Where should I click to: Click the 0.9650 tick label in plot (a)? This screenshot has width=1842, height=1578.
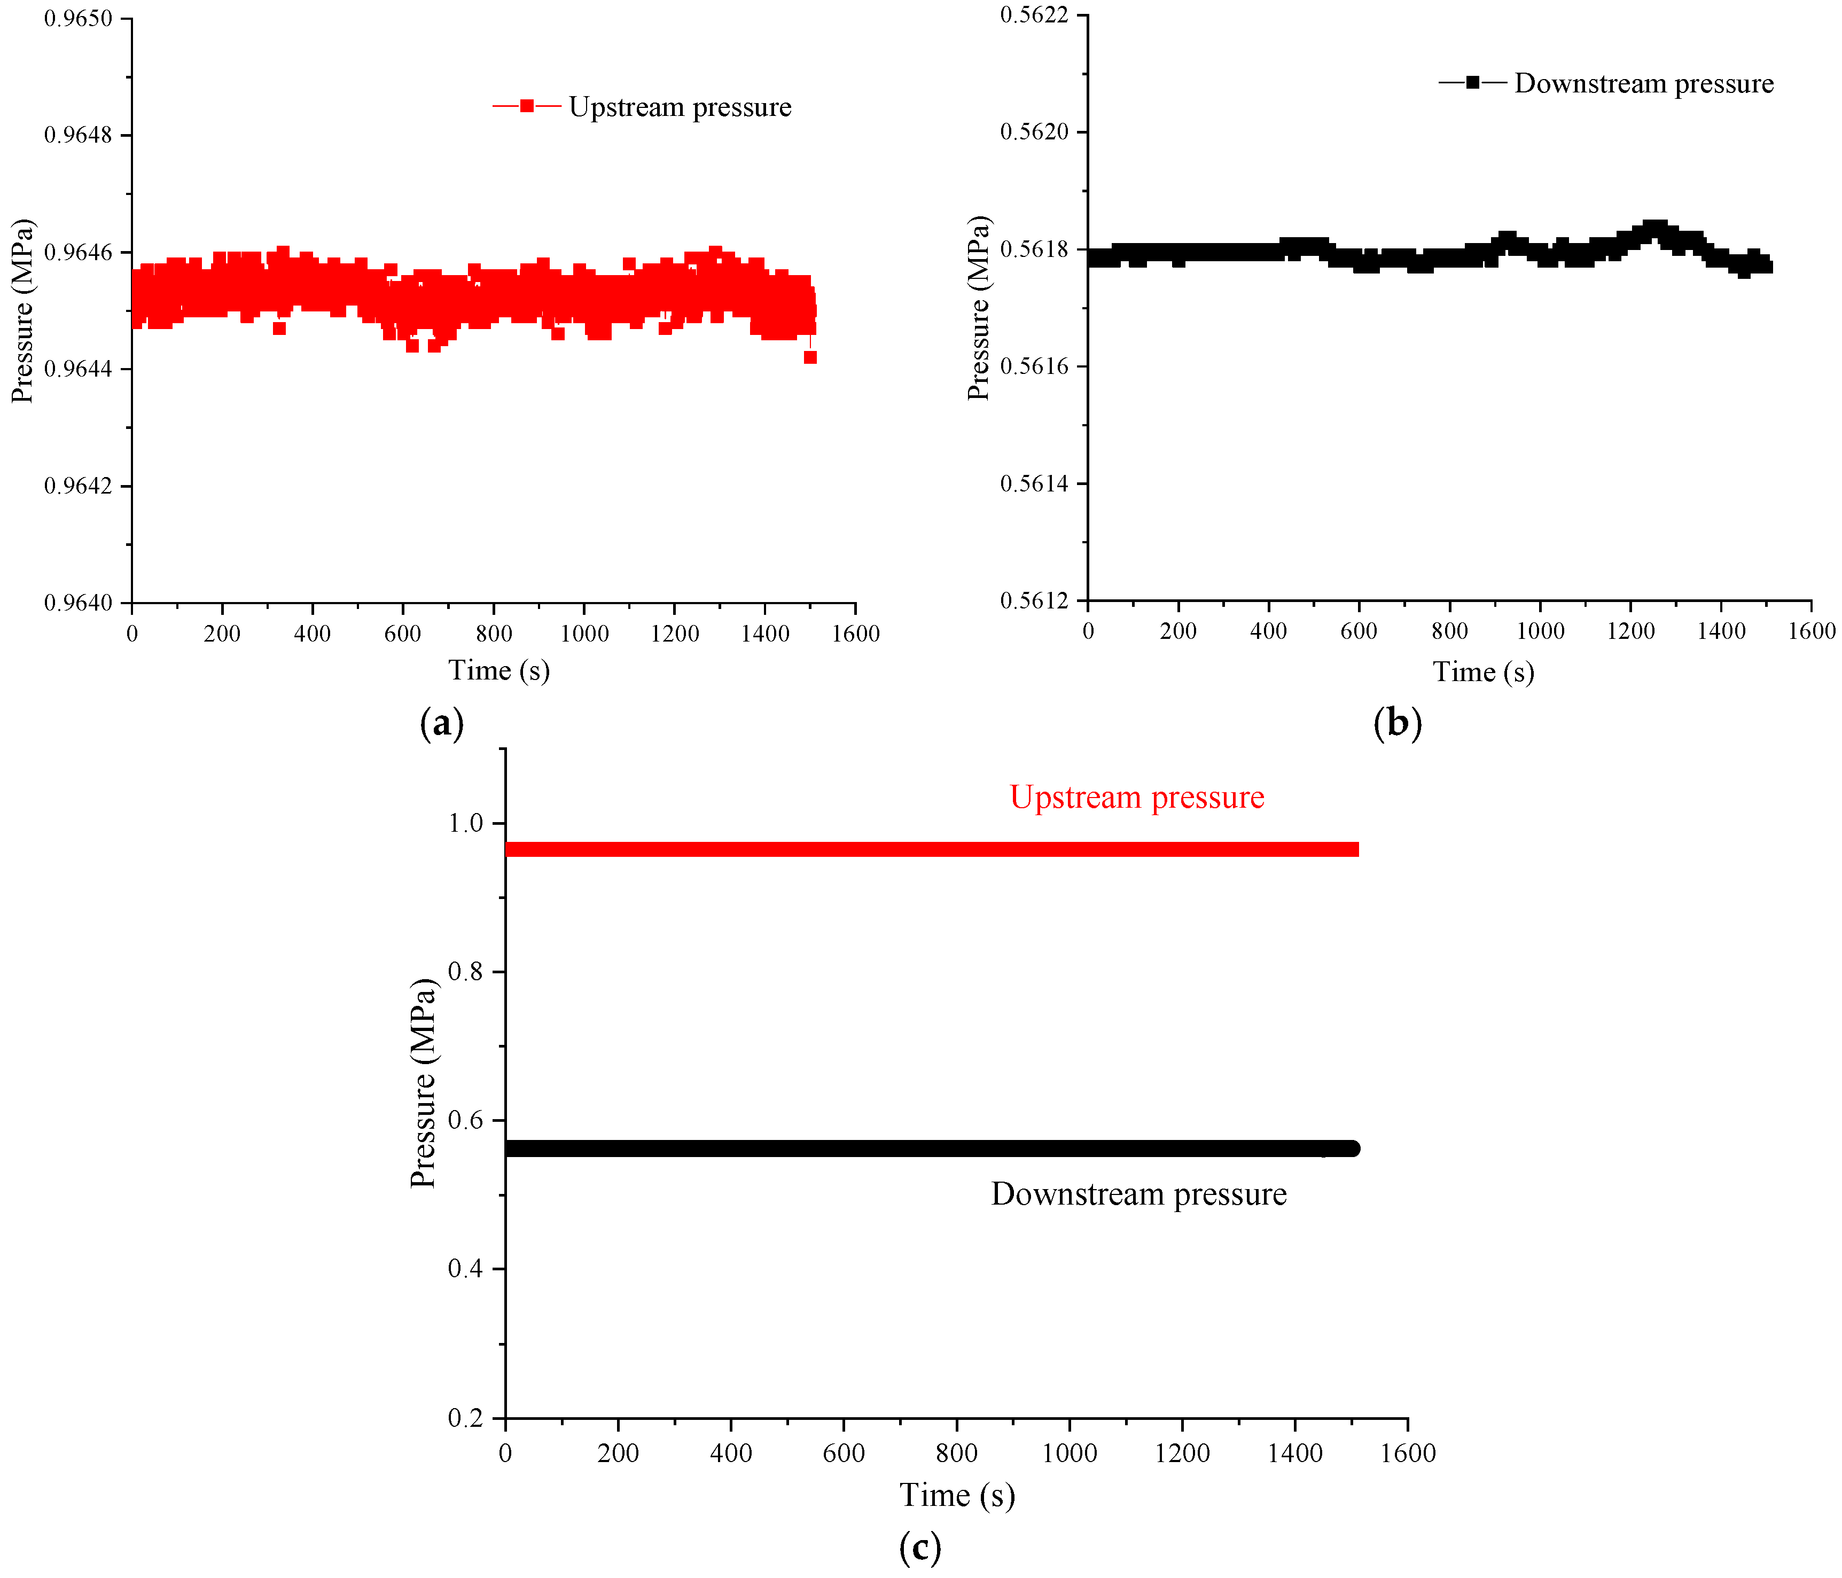coord(78,19)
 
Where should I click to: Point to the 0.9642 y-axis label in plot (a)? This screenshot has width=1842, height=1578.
coord(78,486)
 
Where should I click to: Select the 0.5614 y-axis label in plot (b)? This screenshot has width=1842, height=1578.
coord(1034,483)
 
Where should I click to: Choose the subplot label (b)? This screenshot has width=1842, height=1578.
coord(1398,723)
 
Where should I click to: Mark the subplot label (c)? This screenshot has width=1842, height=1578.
coord(920,1548)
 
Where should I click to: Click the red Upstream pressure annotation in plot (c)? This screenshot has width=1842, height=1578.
coord(1137,798)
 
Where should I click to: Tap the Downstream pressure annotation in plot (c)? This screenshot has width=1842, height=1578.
coord(1139,1194)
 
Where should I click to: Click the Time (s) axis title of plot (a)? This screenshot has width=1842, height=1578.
coord(499,670)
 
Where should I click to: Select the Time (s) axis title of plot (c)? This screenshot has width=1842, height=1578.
coord(957,1495)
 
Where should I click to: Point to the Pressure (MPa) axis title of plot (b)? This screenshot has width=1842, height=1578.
coord(978,308)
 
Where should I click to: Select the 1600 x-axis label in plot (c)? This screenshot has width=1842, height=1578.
coord(1407,1452)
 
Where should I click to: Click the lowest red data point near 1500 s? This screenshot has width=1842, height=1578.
coord(810,357)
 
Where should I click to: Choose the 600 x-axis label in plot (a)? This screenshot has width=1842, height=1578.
coord(403,634)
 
